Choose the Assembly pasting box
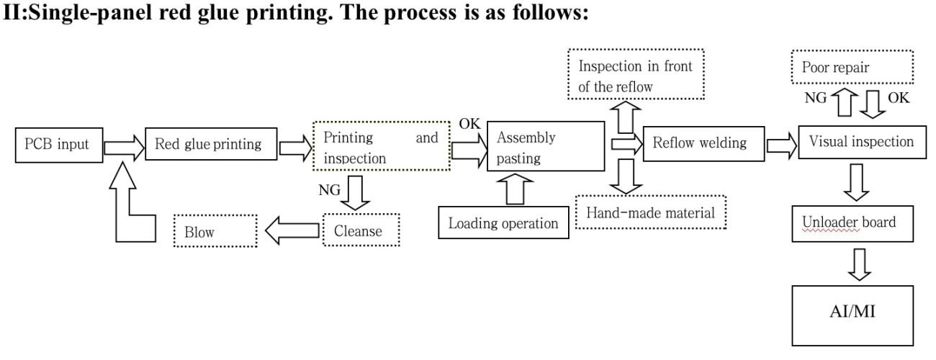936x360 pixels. (545, 147)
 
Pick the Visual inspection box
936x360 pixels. (861, 143)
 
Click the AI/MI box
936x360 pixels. (852, 315)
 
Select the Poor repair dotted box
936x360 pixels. (852, 68)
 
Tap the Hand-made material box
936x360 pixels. (651, 212)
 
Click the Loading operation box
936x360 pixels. (503, 222)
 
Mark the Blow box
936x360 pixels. (215, 232)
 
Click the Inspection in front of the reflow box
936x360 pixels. (635, 75)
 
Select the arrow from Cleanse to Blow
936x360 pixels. (292, 231)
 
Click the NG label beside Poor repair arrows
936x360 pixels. (816, 99)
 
